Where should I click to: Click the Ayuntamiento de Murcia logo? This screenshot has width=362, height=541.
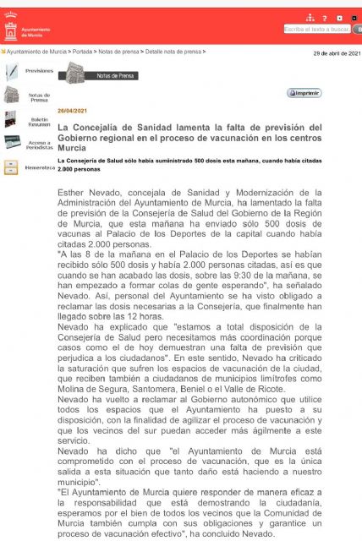coord(11,31)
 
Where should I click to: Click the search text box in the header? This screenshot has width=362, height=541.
coord(315,29)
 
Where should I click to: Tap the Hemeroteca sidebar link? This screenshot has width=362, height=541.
coord(39,167)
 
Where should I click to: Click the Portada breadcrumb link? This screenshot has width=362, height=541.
coord(82,52)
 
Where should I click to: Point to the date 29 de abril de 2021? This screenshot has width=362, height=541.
coord(337,52)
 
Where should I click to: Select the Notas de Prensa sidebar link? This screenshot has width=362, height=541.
coord(39,97)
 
